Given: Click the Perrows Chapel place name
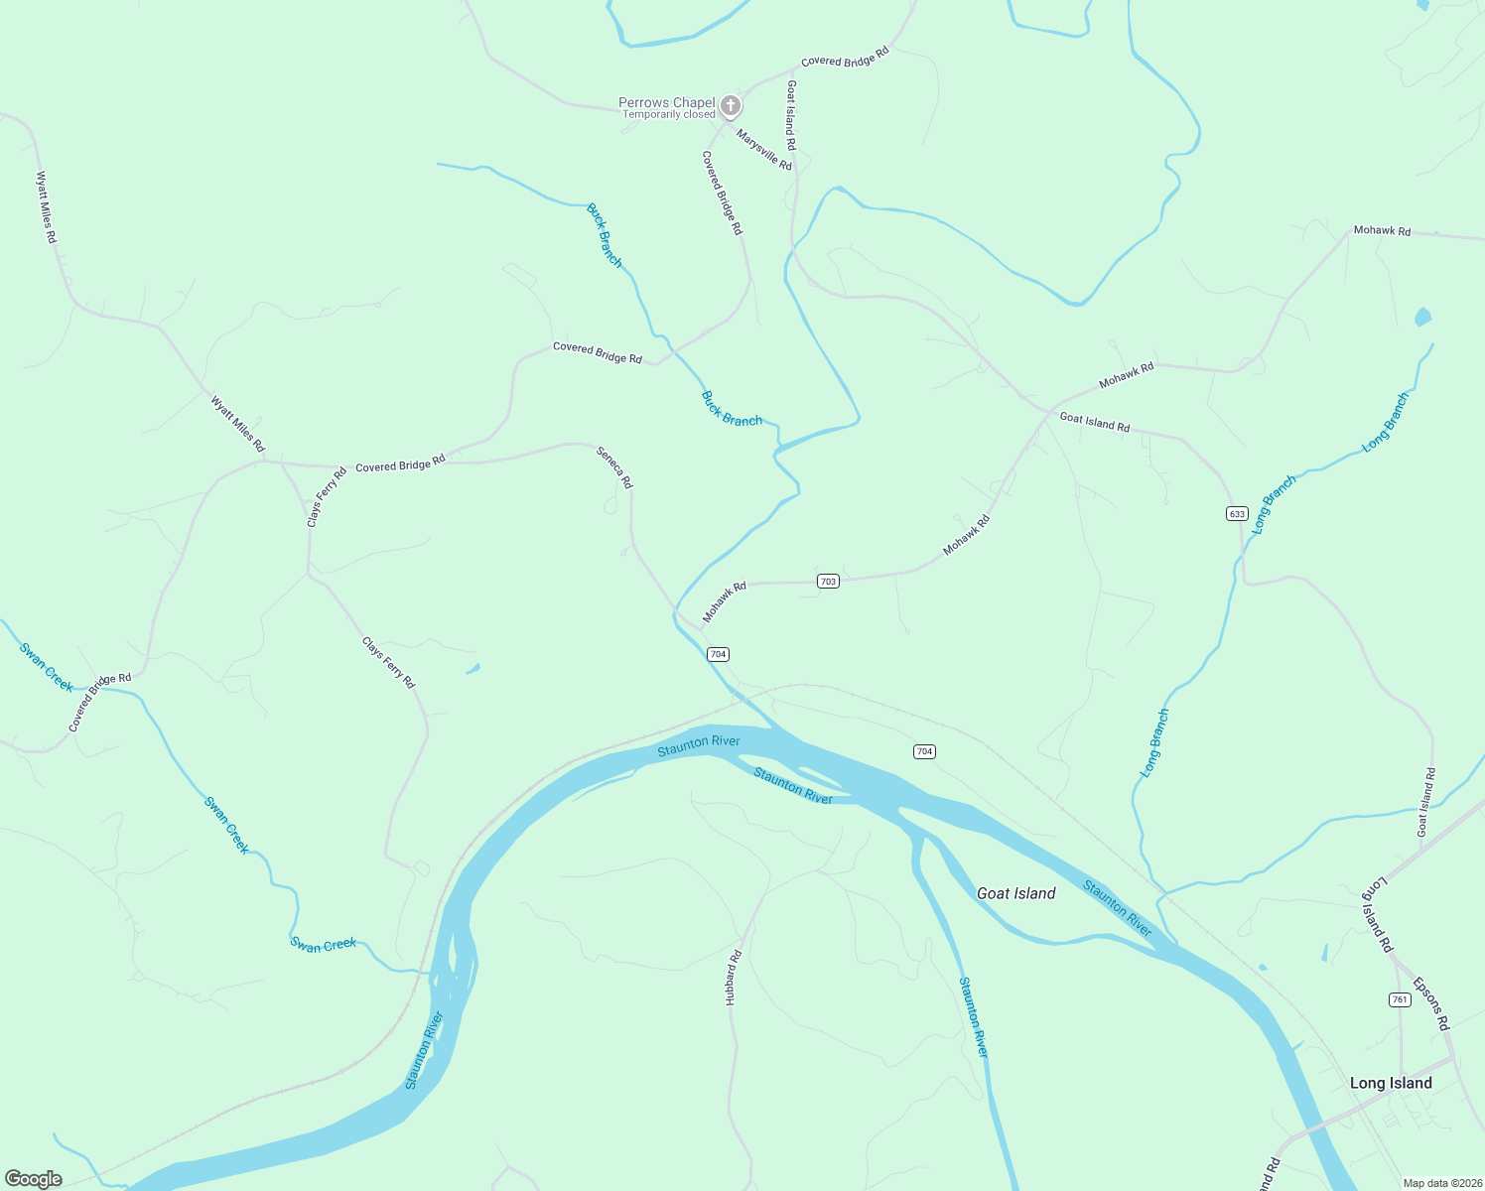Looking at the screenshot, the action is [x=666, y=102].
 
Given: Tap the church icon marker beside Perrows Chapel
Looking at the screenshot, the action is [x=731, y=105].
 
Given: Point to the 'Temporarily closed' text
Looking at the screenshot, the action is [x=668, y=115].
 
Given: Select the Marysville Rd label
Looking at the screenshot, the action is [x=764, y=150].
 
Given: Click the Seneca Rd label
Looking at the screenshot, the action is [x=613, y=467].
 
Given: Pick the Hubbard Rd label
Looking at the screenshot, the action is [x=734, y=979].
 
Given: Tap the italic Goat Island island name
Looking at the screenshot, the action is [x=1015, y=893].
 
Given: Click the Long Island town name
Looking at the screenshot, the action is [x=1390, y=1083].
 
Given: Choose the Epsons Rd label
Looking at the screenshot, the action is [x=1431, y=1004].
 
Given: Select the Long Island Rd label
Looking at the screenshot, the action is [x=1378, y=915].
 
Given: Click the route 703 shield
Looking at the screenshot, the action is [x=828, y=581].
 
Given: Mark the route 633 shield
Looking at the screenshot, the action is [x=1237, y=513].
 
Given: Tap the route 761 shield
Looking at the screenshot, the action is [x=1400, y=999].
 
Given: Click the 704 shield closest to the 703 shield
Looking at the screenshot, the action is [x=718, y=654].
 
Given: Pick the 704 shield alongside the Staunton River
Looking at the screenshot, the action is [x=924, y=751].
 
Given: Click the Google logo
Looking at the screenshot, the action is [x=34, y=1179].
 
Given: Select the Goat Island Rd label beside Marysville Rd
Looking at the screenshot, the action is [x=791, y=108].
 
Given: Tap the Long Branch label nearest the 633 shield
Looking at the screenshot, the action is [x=1275, y=505].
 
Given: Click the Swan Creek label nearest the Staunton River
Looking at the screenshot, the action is [x=323, y=944].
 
